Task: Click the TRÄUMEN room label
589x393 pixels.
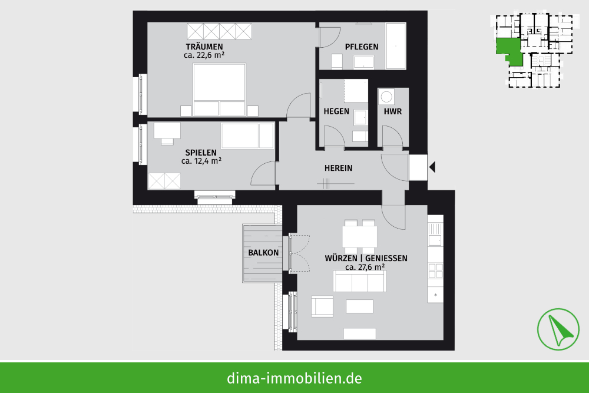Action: pyautogui.click(x=204, y=47)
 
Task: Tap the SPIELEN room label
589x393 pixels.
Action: pyautogui.click(x=201, y=153)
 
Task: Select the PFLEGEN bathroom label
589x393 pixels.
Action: pyautogui.click(x=362, y=47)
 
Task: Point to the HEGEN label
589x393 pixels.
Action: pyautogui.click(x=336, y=111)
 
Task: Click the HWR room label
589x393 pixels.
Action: pyautogui.click(x=393, y=111)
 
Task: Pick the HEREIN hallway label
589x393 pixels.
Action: pyautogui.click(x=339, y=168)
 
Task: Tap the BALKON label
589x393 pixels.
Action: pyautogui.click(x=263, y=253)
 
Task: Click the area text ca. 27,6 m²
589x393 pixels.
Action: pyautogui.click(x=365, y=267)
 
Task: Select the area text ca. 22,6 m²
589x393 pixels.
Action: pyautogui.click(x=204, y=55)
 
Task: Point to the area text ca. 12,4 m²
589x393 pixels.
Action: pyautogui.click(x=201, y=161)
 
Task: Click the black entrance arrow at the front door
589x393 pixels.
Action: pyautogui.click(x=432, y=167)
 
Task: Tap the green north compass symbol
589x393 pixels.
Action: pyautogui.click(x=558, y=329)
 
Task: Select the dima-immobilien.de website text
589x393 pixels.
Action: pyautogui.click(x=294, y=378)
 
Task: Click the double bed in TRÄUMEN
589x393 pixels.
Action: pyautogui.click(x=220, y=90)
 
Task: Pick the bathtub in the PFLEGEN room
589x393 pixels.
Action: pyautogui.click(x=396, y=46)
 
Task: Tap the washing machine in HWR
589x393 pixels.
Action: pyautogui.click(x=386, y=97)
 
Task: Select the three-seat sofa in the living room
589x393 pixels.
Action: pyautogui.click(x=359, y=281)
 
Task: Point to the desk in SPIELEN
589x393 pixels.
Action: pyautogui.click(x=167, y=131)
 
